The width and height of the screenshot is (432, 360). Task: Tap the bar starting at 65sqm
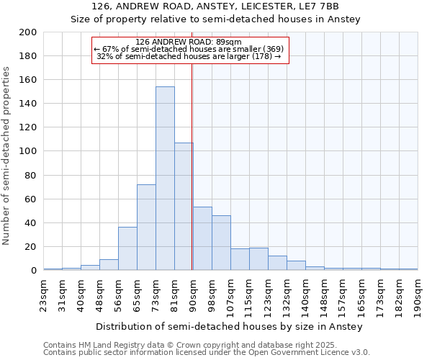pos(146,228)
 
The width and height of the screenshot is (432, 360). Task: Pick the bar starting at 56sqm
pos(127,249)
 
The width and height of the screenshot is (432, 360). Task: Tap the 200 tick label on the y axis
pos(28,32)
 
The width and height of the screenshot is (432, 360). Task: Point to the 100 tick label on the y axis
pos(28,151)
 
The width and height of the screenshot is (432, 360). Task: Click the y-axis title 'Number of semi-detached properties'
pos(7,156)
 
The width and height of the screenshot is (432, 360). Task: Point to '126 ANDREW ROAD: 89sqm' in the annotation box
pos(190,42)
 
